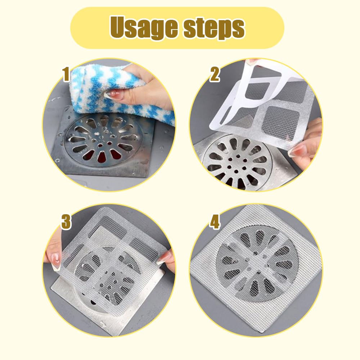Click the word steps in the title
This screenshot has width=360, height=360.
(x=214, y=28)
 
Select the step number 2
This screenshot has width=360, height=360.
(x=215, y=75)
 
